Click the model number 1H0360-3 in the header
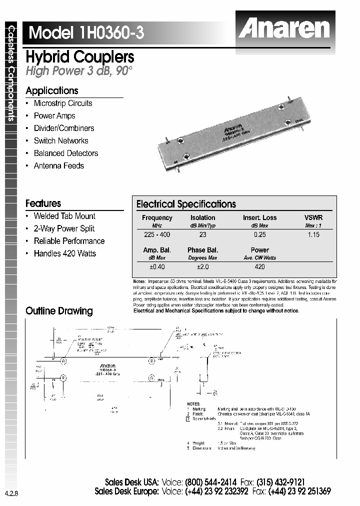click(110, 32)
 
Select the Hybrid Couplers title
click(79, 56)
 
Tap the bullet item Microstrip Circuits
click(63, 103)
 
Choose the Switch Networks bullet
click(61, 141)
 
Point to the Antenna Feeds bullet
click(59, 166)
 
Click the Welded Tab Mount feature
click(64, 216)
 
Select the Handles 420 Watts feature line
click(65, 253)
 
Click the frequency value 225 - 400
click(157, 234)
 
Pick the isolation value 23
click(202, 234)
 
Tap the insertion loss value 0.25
click(259, 234)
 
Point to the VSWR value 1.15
click(313, 234)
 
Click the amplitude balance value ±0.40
click(157, 267)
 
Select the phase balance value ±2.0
click(202, 267)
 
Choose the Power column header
click(259, 250)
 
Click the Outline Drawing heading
click(59, 311)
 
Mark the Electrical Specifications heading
click(186, 204)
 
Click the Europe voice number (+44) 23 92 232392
click(216, 491)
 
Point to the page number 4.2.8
click(11, 493)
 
